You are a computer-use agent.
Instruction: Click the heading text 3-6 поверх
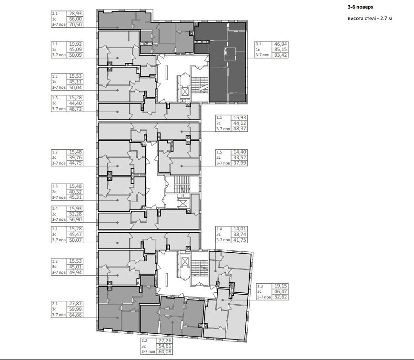coord(360,7)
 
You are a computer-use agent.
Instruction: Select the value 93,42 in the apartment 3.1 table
coord(281,55)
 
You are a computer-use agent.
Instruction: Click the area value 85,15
coord(281,50)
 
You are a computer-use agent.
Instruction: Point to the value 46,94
coord(281,44)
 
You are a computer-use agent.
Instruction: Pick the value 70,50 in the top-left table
coord(76,25)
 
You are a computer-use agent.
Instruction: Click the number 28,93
coord(76,13)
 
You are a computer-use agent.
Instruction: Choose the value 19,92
coord(76,44)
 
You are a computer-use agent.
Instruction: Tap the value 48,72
coord(76,109)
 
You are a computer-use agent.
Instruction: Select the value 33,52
coord(240,157)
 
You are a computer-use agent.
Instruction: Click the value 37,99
coord(240,163)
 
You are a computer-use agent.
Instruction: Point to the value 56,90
coord(76,220)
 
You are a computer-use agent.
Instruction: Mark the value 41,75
coord(240,240)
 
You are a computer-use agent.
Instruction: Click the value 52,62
coord(281,297)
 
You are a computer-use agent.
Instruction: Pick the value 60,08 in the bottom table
coord(165,352)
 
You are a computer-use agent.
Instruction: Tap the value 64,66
coord(76,315)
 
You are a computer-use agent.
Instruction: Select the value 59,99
coord(76,309)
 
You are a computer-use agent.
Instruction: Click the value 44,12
coord(240,123)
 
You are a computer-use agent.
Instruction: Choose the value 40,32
coord(76,192)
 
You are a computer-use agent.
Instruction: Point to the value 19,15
coord(281,286)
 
